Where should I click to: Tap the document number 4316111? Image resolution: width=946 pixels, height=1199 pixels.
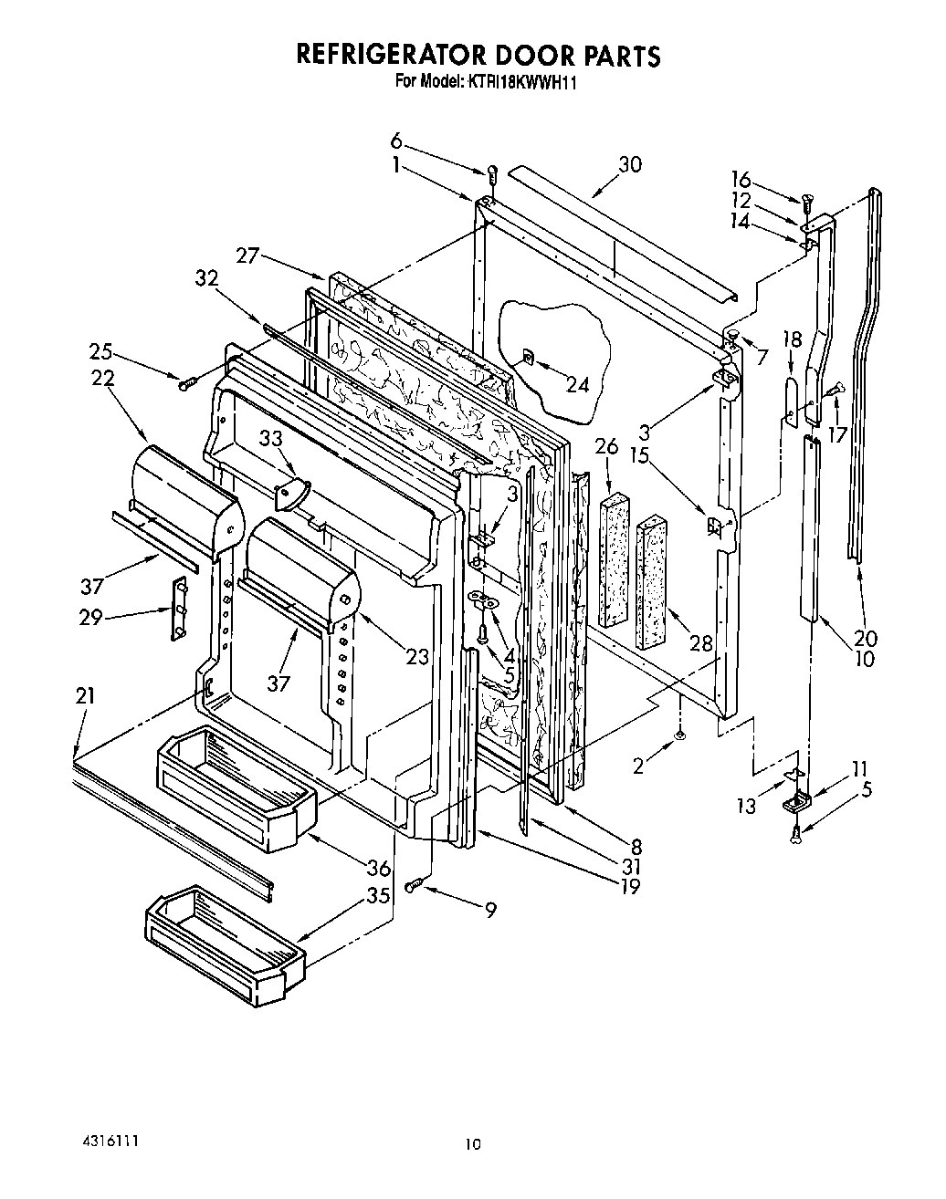coord(107,1142)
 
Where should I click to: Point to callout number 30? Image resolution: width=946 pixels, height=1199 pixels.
coord(630,165)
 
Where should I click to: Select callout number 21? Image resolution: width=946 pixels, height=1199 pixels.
coord(85,697)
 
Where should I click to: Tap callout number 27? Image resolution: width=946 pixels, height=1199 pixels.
coord(248,256)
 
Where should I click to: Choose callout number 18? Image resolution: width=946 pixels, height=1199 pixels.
coord(793,340)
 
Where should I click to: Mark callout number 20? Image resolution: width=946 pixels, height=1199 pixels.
coord(865,639)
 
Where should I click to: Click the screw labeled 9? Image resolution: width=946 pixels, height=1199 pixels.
coord(416,883)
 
